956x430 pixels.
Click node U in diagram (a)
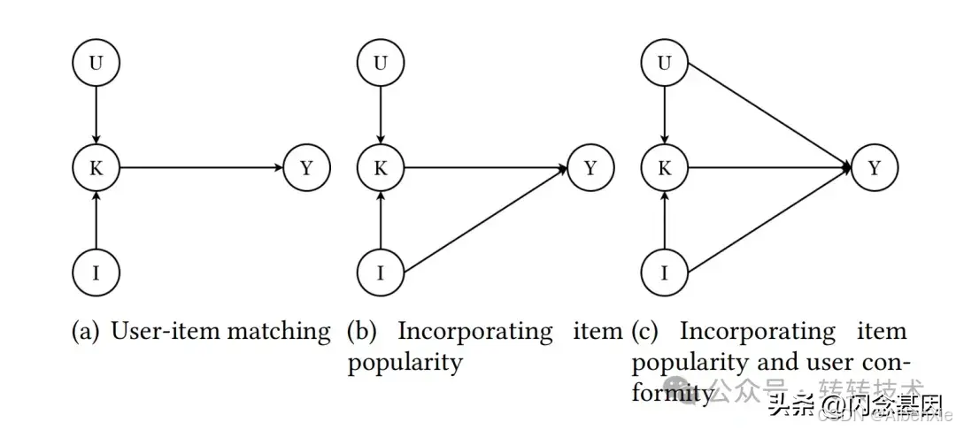[x=96, y=63]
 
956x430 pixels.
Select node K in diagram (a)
[x=96, y=167]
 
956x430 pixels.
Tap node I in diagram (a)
[x=96, y=272]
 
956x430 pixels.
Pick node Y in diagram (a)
[x=306, y=167]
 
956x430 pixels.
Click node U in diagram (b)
[x=381, y=63]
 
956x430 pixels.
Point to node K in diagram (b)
[x=381, y=167]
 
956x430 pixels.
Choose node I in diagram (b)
[x=381, y=272]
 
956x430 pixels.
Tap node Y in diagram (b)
[x=590, y=167]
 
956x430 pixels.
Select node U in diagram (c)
[x=665, y=63]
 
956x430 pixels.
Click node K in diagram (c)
[x=665, y=167]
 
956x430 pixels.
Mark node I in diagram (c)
[x=665, y=272]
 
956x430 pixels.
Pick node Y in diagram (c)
[x=875, y=167]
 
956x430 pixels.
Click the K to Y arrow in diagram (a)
[x=201, y=167]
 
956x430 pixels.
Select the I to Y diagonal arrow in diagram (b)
[x=485, y=219]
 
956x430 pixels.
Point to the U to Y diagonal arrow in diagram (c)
[x=768, y=114]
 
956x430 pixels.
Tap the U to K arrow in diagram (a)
[x=96, y=115]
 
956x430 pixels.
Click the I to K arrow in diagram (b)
[x=381, y=219]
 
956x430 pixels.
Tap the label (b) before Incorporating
[x=362, y=333]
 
